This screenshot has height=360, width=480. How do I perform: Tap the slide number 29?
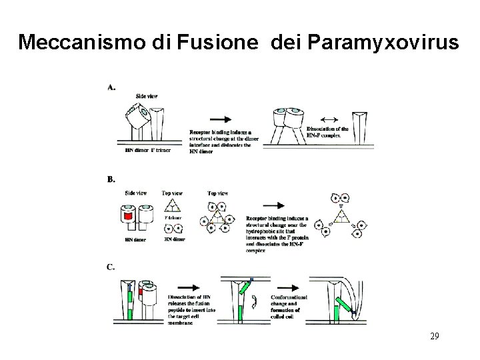click(434, 337)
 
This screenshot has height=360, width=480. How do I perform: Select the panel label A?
click(111, 87)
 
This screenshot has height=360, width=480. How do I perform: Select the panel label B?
click(111, 179)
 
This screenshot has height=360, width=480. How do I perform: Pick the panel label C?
click(111, 267)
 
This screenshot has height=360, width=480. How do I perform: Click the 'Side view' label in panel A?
click(147, 96)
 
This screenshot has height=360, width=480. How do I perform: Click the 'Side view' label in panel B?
click(135, 193)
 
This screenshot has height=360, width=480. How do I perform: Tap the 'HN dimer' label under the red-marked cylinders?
click(136, 239)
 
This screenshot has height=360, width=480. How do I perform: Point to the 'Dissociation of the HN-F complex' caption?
click(327, 131)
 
